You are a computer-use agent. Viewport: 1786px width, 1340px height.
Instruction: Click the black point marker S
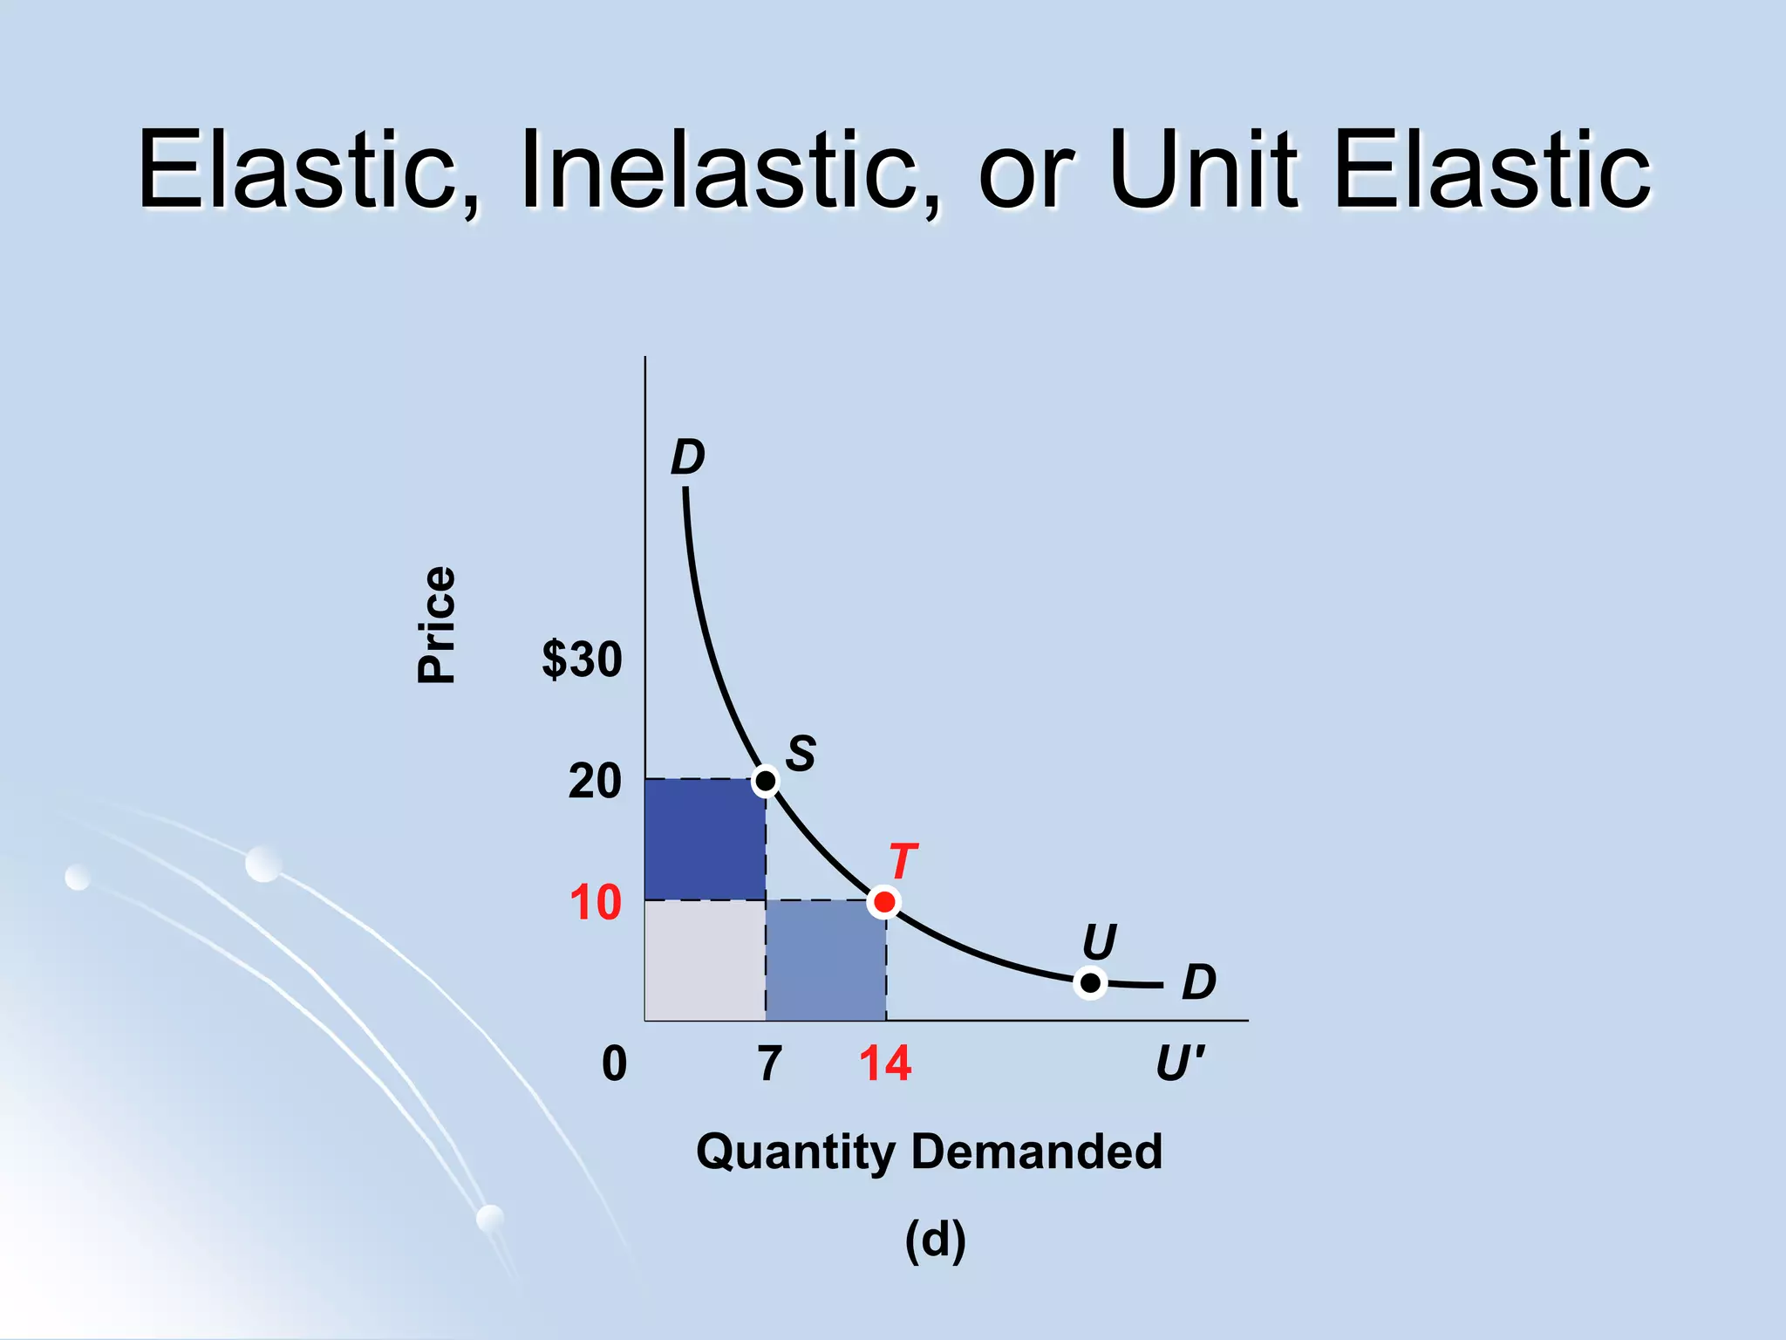coord(765,780)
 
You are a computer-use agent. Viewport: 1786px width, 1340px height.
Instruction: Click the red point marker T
coord(884,901)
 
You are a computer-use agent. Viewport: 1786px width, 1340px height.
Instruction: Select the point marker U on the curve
coord(1090,983)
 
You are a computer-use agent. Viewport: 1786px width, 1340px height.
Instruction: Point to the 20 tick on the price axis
coord(594,781)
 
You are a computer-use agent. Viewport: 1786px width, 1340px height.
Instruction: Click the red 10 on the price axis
coord(595,902)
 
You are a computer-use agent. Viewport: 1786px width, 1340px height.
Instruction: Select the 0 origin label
coord(614,1063)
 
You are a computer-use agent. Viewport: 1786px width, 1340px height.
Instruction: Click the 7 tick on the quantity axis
coord(769,1063)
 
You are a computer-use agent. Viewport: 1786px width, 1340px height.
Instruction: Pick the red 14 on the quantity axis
coord(884,1063)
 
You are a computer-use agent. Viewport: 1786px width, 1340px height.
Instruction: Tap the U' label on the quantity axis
coord(1180,1063)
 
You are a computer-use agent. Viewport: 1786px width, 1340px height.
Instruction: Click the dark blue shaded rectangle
coord(705,839)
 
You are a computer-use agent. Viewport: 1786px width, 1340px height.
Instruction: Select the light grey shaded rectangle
coord(705,960)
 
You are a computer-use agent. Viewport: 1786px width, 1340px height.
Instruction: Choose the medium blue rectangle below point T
coord(826,960)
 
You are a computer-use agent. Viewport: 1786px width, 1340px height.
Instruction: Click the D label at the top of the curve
coord(687,457)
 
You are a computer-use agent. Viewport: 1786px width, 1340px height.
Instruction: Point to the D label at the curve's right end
coord(1198,982)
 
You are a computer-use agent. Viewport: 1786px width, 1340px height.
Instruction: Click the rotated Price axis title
coord(436,625)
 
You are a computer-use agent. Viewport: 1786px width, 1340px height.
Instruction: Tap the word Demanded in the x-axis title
coord(1037,1151)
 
